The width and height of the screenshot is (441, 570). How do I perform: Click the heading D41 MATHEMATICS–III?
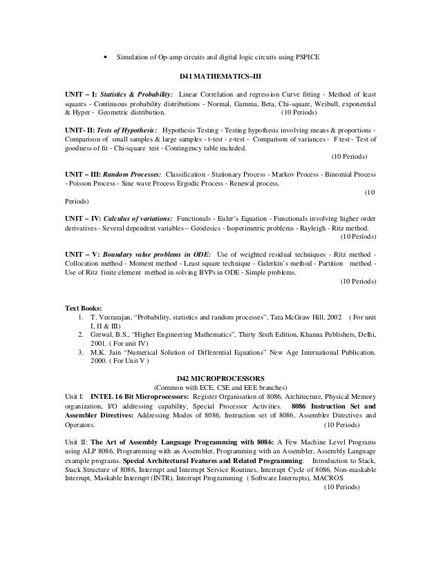point(220,75)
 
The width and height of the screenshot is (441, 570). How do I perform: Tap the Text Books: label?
point(83,308)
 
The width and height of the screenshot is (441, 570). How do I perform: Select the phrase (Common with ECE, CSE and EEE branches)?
point(220,387)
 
